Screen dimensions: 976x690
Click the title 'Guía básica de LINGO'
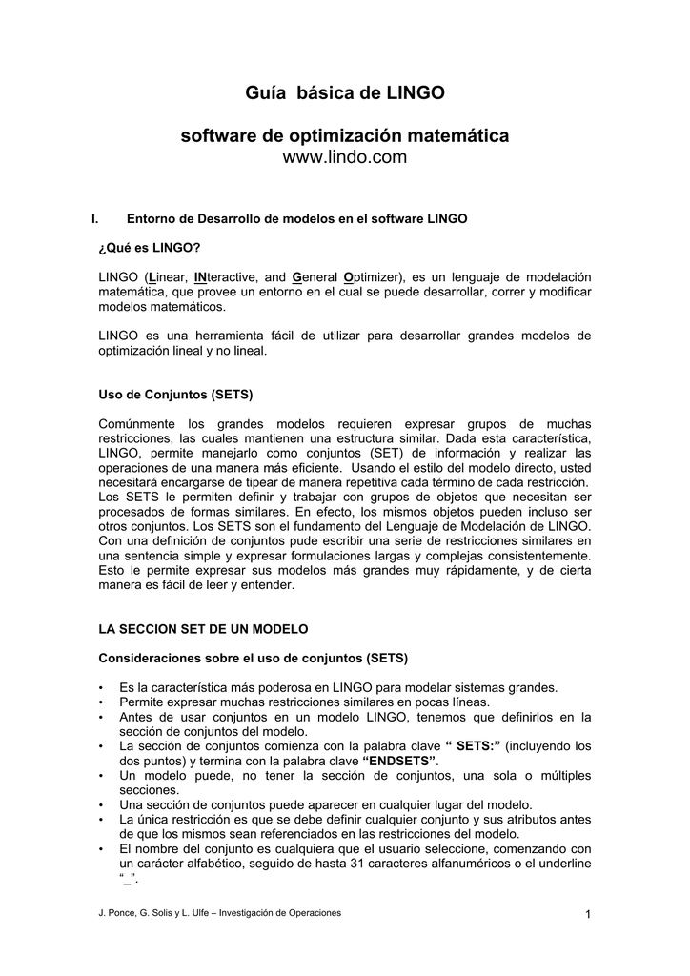click(345, 93)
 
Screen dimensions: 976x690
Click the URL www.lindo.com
click(345, 157)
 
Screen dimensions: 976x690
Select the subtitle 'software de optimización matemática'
click(345, 136)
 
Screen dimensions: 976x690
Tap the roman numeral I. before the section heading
click(94, 219)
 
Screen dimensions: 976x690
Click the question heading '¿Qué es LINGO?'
click(150, 248)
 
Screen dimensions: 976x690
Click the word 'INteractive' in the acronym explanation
click(225, 276)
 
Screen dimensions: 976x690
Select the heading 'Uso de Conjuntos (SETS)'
click(175, 395)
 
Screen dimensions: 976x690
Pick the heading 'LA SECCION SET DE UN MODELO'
click(204, 630)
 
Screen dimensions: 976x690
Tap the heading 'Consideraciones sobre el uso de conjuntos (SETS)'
click(254, 659)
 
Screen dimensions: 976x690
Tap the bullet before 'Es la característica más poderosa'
click(101, 688)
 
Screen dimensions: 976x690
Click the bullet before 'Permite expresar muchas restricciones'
click(101, 702)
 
